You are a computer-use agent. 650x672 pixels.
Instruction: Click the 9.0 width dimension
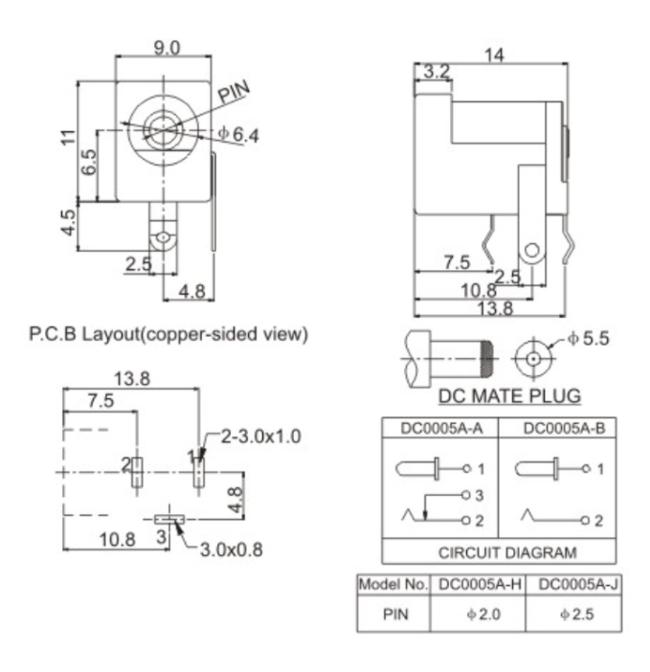coord(167,48)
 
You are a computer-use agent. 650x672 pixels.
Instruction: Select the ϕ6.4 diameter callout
coord(238,134)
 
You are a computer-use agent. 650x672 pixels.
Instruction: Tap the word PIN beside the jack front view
coord(234,92)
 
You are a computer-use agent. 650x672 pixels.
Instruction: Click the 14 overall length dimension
coord(494,56)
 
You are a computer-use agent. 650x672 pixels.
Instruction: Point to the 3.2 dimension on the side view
coord(437,72)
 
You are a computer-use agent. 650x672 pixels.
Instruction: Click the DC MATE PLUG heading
coord(509,396)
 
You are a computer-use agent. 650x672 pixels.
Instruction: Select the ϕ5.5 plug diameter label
coord(589,339)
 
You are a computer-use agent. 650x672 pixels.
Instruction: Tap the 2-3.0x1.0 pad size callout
coord(261,437)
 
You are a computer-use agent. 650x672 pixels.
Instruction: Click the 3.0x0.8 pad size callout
coord(232,549)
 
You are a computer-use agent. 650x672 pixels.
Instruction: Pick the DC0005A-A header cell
coord(441,428)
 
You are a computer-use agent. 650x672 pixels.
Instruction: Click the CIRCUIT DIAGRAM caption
coord(507,552)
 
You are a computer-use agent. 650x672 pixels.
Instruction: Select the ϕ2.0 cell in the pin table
coord(483,615)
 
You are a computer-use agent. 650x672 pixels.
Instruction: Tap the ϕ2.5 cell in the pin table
coord(577,615)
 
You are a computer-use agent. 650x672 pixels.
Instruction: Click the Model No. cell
coord(392,584)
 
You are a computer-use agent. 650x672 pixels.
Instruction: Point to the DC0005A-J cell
coord(578,584)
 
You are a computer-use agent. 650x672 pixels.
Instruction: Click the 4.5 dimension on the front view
coord(69,222)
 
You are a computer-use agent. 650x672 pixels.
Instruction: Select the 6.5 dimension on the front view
coord(89,162)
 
